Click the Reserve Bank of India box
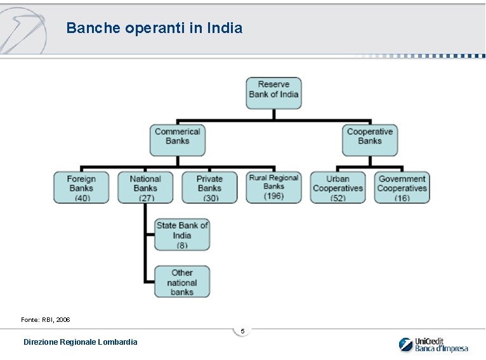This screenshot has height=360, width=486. click(273, 93)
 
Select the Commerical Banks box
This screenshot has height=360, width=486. click(178, 140)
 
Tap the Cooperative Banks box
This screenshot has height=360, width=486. click(369, 140)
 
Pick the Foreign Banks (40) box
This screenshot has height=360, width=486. click(81, 187)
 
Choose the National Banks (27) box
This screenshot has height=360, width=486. click(145, 187)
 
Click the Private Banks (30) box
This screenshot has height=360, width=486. click(209, 187)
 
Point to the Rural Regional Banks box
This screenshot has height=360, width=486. click(273, 187)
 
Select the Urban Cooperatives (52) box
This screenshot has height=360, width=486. click(338, 187)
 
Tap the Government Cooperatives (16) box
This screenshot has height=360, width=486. click(402, 187)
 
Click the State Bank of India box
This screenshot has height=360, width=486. click(182, 234)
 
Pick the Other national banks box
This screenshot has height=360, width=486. click(182, 282)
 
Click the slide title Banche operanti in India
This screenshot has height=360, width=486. click(154, 28)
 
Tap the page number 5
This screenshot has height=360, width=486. click(242, 331)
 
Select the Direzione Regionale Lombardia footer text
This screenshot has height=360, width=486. click(80, 342)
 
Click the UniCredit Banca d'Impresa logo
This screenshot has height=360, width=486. click(433, 344)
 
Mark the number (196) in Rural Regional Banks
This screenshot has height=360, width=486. click(273, 196)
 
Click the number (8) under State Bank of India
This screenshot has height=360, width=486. click(182, 245)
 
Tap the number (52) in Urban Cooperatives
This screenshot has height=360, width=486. click(338, 198)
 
